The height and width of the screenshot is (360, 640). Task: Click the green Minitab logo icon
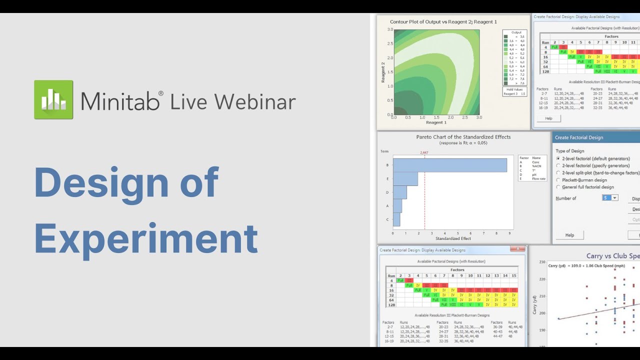click(x=53, y=99)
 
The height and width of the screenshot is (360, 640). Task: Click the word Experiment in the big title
click(x=146, y=238)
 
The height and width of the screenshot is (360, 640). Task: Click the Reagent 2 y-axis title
click(x=382, y=72)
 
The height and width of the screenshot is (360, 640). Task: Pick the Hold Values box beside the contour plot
click(x=514, y=91)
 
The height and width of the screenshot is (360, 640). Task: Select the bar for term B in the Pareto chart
click(x=449, y=165)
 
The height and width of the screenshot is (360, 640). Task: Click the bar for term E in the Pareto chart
click(x=405, y=178)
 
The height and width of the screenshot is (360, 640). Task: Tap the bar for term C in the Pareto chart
click(x=396, y=219)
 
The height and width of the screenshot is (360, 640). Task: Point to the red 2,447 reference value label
click(x=424, y=152)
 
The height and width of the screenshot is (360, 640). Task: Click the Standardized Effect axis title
click(x=453, y=238)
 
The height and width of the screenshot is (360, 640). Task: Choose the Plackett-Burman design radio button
click(x=558, y=180)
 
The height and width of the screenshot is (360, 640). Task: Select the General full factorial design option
click(x=558, y=187)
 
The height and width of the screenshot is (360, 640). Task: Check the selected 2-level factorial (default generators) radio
click(x=558, y=158)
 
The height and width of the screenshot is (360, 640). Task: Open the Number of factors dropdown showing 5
click(x=610, y=198)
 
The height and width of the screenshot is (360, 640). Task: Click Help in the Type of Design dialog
click(x=569, y=235)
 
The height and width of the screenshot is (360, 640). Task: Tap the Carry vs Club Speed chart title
click(x=612, y=256)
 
